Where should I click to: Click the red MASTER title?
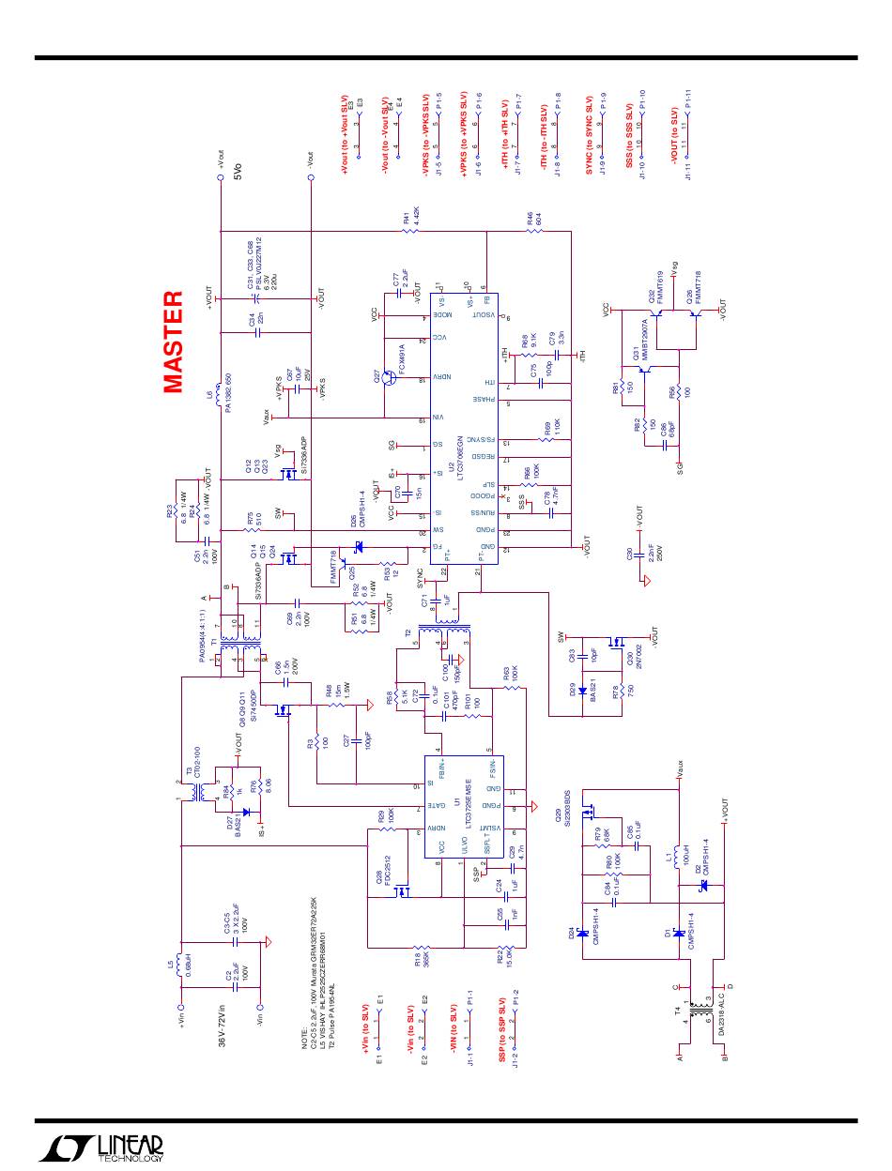point(173,342)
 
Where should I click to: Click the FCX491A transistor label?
point(401,359)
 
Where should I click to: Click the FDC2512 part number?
point(386,872)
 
